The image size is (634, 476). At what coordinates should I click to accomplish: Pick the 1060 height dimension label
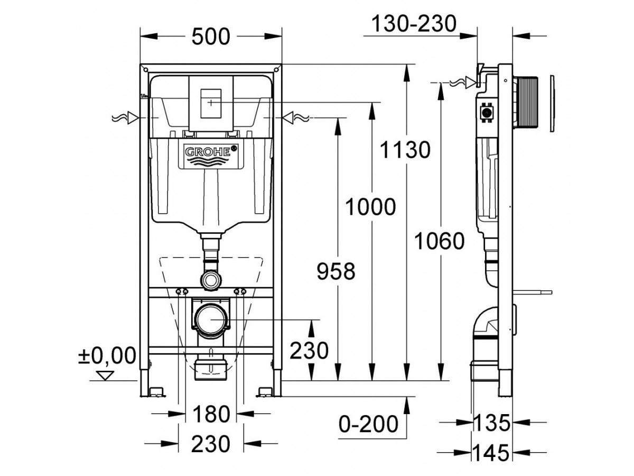(x=439, y=241)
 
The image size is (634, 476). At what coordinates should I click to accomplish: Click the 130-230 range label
(x=414, y=23)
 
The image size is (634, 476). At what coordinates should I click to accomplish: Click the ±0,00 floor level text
(x=107, y=355)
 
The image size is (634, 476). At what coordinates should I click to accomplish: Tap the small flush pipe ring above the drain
(x=211, y=279)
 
